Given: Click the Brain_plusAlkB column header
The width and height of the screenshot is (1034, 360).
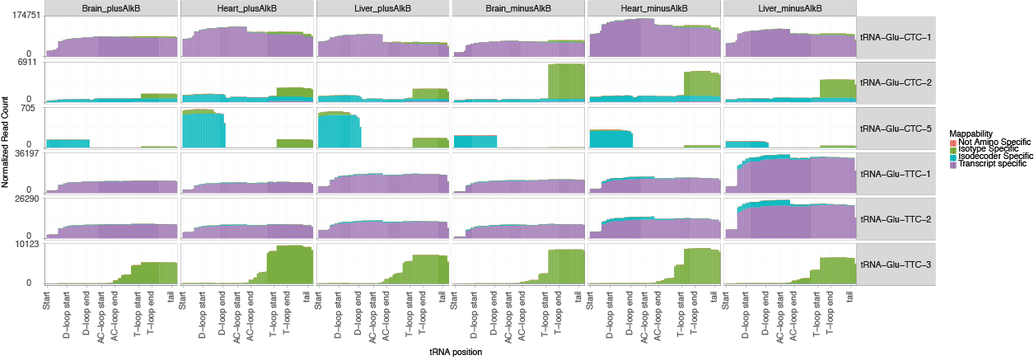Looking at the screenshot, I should coord(111,8).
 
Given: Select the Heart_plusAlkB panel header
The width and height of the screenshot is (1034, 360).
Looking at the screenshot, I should coord(246,8).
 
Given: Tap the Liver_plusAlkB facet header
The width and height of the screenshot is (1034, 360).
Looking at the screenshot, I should coord(382,8).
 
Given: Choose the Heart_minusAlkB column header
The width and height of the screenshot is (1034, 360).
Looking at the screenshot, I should coord(653,8).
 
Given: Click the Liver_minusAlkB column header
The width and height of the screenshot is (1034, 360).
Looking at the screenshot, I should coord(789,8).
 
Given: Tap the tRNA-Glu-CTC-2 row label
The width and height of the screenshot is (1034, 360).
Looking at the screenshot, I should coord(896,83).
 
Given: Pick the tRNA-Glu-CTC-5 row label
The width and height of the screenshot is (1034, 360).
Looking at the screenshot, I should coord(896,129).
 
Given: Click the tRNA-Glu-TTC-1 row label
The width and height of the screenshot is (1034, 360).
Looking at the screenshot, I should coord(896,174).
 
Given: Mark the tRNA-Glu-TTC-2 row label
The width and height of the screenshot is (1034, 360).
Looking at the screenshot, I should coord(896,219).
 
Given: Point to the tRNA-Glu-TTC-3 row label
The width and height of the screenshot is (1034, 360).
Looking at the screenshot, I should coord(896,264).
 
